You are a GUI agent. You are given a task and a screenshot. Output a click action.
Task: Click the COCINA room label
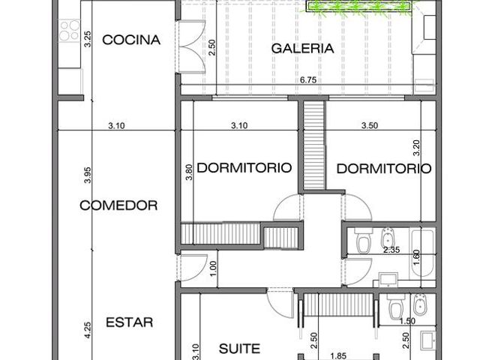click(x=131, y=40)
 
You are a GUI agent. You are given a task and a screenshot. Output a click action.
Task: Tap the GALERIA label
click(x=302, y=48)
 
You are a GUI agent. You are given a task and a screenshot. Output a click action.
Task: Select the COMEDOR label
click(x=118, y=205)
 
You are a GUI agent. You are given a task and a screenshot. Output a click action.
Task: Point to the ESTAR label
click(x=130, y=322)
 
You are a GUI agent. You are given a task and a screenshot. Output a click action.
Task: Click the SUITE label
click(x=240, y=348)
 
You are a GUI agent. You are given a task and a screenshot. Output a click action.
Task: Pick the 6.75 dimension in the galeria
click(x=308, y=80)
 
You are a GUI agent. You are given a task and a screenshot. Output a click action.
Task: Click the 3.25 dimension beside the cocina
click(x=88, y=39)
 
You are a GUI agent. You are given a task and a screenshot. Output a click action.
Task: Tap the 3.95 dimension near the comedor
click(x=88, y=175)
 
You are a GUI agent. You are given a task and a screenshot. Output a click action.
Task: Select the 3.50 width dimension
click(x=370, y=125)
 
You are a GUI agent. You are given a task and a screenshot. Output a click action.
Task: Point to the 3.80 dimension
click(x=189, y=172)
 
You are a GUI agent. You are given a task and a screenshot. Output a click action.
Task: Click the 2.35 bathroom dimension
click(x=391, y=250)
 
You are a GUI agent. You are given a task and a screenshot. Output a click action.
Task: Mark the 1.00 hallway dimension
click(x=213, y=268)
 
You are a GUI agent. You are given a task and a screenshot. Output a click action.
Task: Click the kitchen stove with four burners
click(x=70, y=30)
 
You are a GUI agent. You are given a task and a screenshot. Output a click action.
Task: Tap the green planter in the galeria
click(x=358, y=6)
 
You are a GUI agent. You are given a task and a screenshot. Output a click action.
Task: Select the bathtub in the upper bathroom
click(x=422, y=253)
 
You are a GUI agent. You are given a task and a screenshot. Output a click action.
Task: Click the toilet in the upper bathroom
click(x=364, y=241)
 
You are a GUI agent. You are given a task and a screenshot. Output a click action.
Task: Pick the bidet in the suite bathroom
click(x=419, y=305)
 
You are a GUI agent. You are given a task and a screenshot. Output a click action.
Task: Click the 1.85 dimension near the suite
click(x=338, y=355)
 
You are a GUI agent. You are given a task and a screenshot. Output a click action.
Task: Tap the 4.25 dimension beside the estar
click(x=88, y=330)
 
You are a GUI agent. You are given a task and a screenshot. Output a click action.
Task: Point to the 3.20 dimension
click(x=417, y=148)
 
